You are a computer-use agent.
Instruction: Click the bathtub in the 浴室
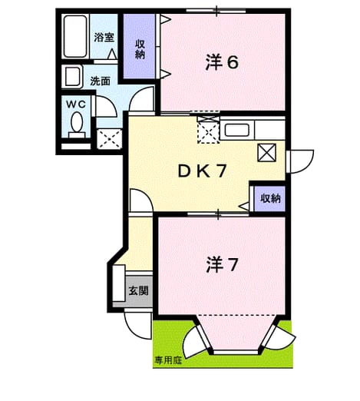coord(75,36)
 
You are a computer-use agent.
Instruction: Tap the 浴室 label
coord(104,38)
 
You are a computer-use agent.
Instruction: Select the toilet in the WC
coord(77,125)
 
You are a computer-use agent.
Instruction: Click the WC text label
coord(76,104)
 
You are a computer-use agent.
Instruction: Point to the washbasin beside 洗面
coord(72,77)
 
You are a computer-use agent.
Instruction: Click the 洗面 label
coord(100,81)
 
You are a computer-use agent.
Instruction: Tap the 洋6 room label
coord(222,63)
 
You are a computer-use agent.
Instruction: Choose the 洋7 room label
coord(222,265)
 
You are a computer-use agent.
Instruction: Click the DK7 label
coord(202,171)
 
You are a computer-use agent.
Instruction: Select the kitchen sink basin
coord(237,130)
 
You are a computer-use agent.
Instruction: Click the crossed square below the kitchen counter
coord(266,153)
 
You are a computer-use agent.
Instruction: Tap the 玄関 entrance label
coord(138,290)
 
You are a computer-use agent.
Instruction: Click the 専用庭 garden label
coord(168,360)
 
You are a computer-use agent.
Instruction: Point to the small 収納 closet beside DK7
coord(270,199)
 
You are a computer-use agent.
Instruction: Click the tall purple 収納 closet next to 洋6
coord(140,46)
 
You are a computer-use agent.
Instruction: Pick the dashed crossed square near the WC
coord(110,139)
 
